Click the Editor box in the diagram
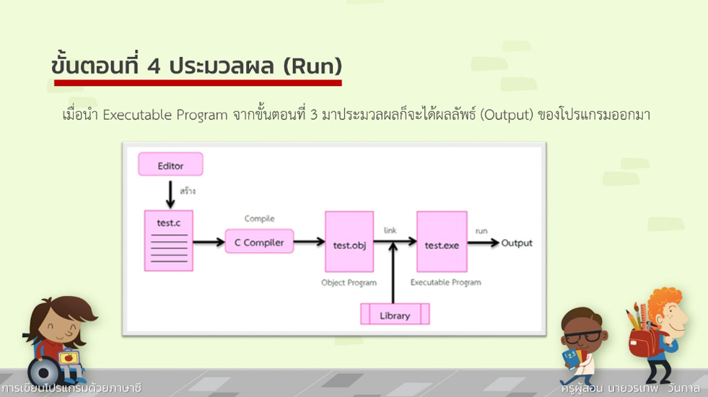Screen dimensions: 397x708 [170, 165]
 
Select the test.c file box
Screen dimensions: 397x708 [168, 240]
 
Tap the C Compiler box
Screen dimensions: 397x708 [259, 243]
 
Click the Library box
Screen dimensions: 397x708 [395, 315]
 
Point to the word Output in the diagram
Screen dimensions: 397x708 [517, 243]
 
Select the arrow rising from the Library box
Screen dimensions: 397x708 [393, 274]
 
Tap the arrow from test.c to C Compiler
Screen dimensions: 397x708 [209, 243]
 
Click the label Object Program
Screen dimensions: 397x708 [349, 283]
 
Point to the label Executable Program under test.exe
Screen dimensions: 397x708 [445, 283]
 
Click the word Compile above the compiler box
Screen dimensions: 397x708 [259, 219]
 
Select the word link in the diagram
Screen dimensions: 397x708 [390, 230]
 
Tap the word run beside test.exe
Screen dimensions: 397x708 [481, 231]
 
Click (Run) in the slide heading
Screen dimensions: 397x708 [312, 66]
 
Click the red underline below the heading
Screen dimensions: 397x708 [197, 83]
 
